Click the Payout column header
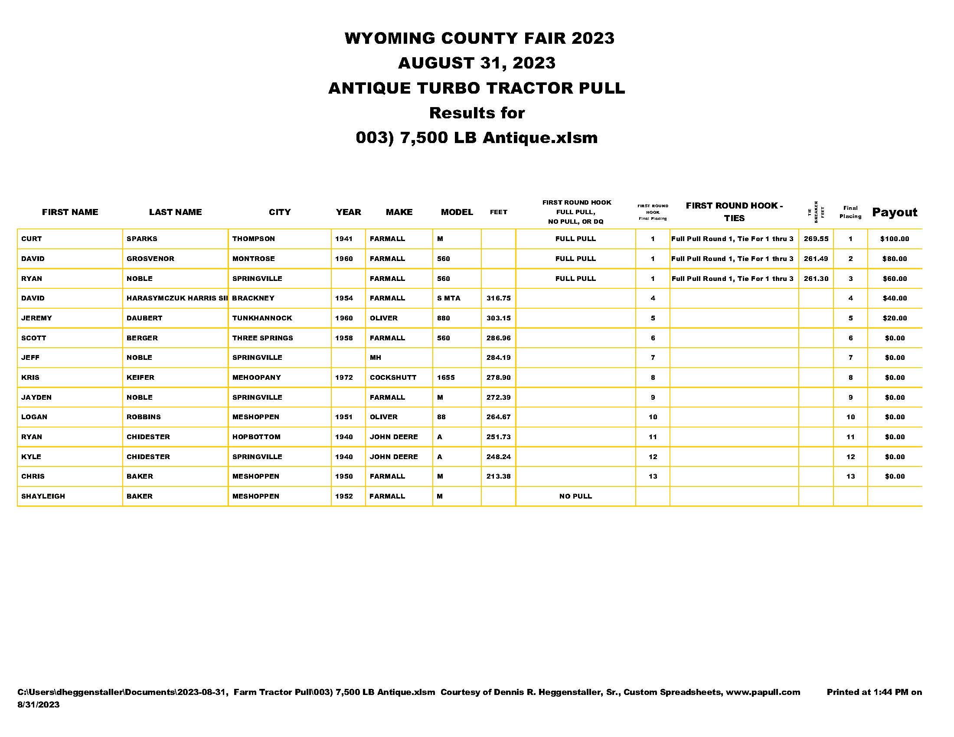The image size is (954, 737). [x=894, y=212]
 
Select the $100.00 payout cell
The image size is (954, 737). [x=894, y=239]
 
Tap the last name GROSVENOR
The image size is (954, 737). [x=150, y=258]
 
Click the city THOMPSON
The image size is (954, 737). [x=253, y=239]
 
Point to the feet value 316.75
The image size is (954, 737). [x=498, y=298]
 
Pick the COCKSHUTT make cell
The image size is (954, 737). [x=393, y=377]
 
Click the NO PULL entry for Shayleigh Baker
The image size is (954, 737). [x=575, y=496]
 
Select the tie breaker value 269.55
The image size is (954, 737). [x=816, y=239]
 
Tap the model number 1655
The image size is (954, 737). [x=445, y=377]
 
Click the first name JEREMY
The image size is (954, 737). [x=37, y=318]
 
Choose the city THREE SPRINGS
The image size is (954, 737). [x=262, y=338]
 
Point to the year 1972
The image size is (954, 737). [x=344, y=377]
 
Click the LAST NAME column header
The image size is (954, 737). [x=175, y=212]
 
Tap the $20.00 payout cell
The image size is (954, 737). [x=894, y=318]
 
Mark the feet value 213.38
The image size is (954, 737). [x=498, y=476]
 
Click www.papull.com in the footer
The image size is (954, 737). [x=763, y=692]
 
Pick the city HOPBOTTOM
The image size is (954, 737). [x=256, y=437]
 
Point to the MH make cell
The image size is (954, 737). [x=375, y=358]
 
